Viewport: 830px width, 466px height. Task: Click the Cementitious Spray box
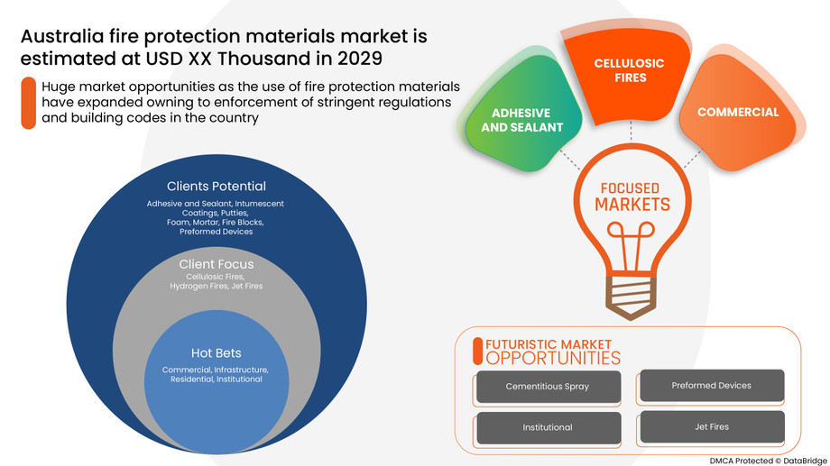[x=548, y=387]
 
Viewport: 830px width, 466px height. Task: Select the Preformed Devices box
[x=711, y=386]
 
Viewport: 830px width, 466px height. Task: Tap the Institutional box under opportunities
[x=548, y=427]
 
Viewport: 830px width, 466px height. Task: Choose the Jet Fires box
[x=711, y=426]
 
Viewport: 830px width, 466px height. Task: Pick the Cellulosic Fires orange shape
[x=629, y=71]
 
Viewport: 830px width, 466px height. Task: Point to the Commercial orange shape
[x=737, y=113]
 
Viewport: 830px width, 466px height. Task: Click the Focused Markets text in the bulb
[x=631, y=197]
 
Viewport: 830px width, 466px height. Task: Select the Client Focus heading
[x=216, y=264]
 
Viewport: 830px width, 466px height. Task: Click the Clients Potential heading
[x=216, y=187]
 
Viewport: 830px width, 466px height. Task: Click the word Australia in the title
[x=60, y=37]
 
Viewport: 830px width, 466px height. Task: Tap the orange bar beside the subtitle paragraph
[x=29, y=103]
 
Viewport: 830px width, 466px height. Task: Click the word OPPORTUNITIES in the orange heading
[x=553, y=358]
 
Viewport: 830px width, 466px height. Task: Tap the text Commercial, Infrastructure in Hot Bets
[x=215, y=370]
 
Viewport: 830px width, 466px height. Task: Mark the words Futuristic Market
[x=548, y=344]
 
